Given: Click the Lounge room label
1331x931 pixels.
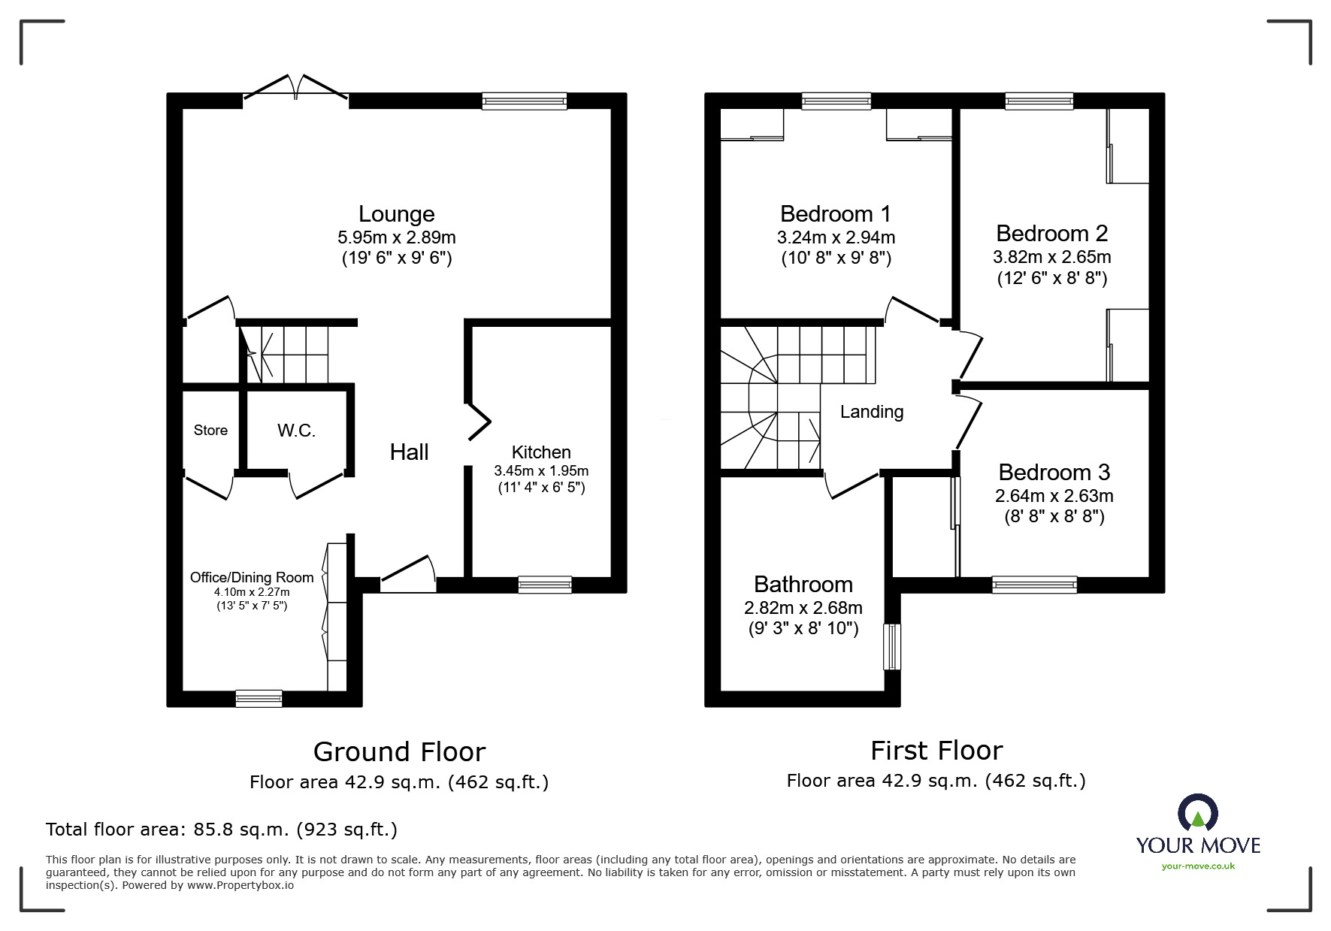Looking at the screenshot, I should (x=396, y=214).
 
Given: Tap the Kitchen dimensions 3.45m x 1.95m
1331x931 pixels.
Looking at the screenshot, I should (x=540, y=471).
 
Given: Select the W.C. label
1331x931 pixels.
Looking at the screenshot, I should (x=296, y=431).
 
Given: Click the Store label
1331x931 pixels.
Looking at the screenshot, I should (x=210, y=431).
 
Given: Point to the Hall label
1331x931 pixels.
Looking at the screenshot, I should (x=409, y=452).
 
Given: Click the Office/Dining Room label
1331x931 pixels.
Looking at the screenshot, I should (x=251, y=577).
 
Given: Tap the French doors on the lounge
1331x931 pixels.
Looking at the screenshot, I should (x=295, y=89).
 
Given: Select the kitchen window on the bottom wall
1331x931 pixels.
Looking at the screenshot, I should (x=545, y=585).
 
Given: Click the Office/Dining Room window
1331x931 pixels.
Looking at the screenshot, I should (x=259, y=699).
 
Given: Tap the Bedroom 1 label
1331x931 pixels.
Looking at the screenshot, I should (x=835, y=214).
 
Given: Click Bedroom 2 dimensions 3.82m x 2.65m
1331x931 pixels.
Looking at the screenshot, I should (x=1051, y=257).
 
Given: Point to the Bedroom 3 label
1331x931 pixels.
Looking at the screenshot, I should (x=1054, y=473).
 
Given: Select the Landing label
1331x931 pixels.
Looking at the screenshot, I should (x=871, y=412).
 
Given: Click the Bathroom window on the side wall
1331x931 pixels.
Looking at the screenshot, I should (x=891, y=646).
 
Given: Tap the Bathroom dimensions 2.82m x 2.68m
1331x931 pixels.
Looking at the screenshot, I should (x=803, y=608).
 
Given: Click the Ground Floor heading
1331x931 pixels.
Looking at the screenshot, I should (x=399, y=751).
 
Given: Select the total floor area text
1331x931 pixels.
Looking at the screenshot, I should (x=222, y=830).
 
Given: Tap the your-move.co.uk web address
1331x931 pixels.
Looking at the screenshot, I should (x=1198, y=866).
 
